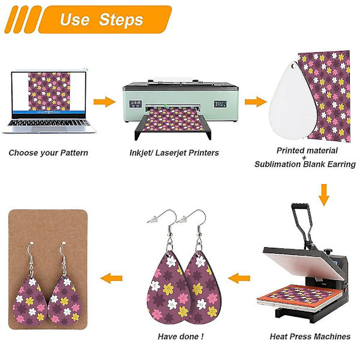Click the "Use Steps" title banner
[105, 20]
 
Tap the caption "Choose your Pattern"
[48, 153]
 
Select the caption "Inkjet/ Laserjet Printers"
[174, 153]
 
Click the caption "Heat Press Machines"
[310, 337]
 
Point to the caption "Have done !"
[181, 337]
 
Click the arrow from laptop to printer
[104, 102]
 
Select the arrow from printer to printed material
[256, 102]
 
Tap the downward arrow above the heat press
[324, 195]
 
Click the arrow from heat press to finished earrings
[239, 278]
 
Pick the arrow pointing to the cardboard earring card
[112, 278]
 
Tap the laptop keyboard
[49, 123]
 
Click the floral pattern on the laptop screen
[49, 92]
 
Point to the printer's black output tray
[173, 126]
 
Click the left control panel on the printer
[135, 104]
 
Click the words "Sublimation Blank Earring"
[305, 164]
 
